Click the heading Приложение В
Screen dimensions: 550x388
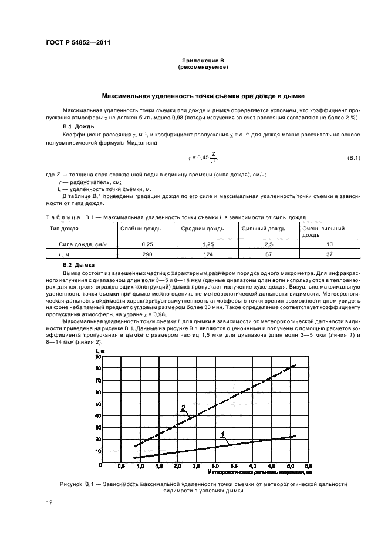(203, 61)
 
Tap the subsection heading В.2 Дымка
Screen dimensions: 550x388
(75, 265)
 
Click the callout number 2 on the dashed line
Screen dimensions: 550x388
(183, 407)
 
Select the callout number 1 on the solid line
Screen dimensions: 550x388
(222, 434)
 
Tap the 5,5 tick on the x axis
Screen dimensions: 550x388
(308, 465)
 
